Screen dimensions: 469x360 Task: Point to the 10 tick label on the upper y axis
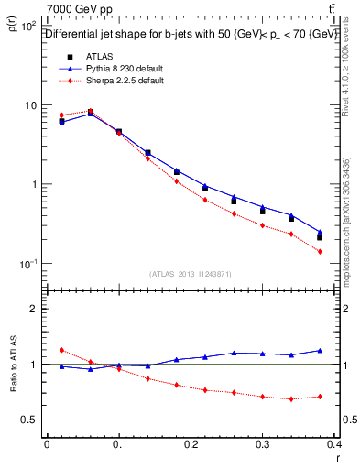point(30,105)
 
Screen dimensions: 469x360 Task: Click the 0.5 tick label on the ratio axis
point(29,420)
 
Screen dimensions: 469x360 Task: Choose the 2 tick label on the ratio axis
point(33,309)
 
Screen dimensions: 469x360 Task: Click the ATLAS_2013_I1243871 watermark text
point(190,274)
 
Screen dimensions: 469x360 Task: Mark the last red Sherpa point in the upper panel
point(320,251)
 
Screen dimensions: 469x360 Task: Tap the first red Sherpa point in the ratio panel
point(61,350)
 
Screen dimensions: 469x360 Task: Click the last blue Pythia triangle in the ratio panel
point(320,350)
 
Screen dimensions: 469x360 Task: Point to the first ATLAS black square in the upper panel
point(61,121)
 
